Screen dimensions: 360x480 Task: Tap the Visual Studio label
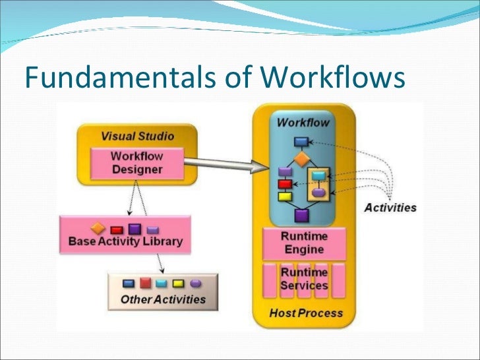click(x=137, y=136)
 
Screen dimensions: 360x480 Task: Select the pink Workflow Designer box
click(x=136, y=163)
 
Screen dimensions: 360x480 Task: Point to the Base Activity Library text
click(x=125, y=241)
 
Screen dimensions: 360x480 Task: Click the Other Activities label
click(x=163, y=299)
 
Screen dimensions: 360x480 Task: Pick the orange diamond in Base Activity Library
click(x=98, y=229)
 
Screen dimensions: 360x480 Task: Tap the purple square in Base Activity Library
click(x=135, y=229)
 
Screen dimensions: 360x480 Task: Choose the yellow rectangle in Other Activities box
click(x=178, y=284)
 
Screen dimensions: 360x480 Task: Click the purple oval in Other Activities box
click(x=195, y=284)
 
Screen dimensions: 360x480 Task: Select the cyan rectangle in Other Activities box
click(x=162, y=284)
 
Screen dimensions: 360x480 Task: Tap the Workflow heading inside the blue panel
click(x=303, y=123)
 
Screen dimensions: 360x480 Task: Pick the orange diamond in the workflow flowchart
click(x=301, y=159)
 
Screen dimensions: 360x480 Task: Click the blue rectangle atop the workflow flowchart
click(x=301, y=141)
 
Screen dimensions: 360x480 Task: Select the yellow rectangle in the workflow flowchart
click(x=285, y=196)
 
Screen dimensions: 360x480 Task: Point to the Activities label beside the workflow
click(x=390, y=207)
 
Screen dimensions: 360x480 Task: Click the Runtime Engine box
click(x=303, y=243)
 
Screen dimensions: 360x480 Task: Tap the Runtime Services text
click(x=303, y=278)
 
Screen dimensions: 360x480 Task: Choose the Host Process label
click(x=306, y=313)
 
